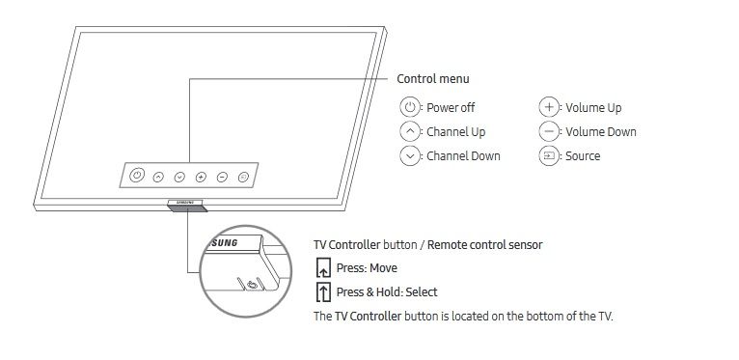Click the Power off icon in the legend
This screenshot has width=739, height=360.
click(x=410, y=107)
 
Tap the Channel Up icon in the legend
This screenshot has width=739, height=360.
click(x=410, y=131)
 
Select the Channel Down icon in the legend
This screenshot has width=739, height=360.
click(x=410, y=156)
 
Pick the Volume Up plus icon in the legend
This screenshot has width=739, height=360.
click(x=549, y=107)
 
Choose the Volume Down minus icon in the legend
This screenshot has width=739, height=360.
click(x=549, y=131)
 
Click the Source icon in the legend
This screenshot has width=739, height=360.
click(x=549, y=156)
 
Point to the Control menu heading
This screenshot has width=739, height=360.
click(x=432, y=79)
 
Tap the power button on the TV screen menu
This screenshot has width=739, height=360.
click(x=137, y=175)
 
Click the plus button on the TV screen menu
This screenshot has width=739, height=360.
click(x=201, y=178)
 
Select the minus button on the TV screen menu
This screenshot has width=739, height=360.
click(x=222, y=178)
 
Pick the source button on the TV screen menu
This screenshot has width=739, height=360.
click(x=243, y=178)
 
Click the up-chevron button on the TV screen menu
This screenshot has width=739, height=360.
click(x=158, y=178)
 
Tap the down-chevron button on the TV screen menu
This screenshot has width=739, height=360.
click(x=179, y=178)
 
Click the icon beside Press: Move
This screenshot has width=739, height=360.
click(x=323, y=268)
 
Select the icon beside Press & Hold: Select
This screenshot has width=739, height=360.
click(x=323, y=292)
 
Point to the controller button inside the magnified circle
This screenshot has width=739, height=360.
click(x=252, y=284)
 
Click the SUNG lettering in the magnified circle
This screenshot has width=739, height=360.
click(x=223, y=243)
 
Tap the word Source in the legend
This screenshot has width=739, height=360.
click(x=583, y=156)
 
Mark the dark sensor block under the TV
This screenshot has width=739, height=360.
click(x=187, y=208)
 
